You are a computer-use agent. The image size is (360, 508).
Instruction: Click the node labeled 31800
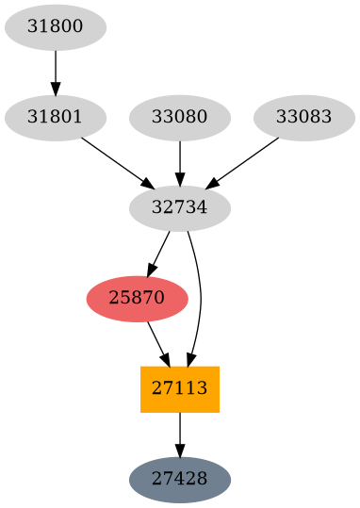point(56,27)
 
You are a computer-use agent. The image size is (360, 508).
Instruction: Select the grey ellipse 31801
point(56,118)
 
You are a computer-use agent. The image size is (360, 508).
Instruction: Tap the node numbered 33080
point(180,118)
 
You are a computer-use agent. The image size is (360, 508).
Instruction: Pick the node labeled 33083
point(304,118)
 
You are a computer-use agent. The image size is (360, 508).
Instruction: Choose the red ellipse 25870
point(137,299)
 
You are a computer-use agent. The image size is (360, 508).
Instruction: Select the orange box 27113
point(180,389)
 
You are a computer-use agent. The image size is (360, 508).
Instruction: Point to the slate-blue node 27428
point(180,480)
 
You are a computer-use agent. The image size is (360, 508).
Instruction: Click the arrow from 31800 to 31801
point(56,72)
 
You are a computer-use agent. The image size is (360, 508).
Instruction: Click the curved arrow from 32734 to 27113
point(200,299)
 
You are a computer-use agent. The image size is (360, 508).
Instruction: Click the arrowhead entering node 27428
point(180,451)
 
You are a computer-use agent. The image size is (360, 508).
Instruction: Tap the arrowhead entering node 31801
point(56,89)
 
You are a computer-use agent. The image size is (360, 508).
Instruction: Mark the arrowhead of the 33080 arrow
point(180,179)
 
